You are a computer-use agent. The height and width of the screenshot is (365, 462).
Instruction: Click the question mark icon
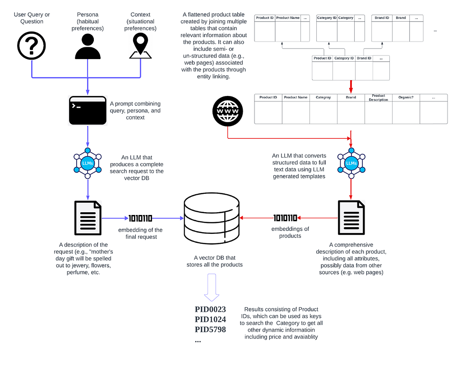(32, 46)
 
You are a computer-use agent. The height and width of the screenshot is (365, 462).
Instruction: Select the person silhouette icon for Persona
(88, 46)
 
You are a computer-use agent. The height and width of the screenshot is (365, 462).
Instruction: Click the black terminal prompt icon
(88, 111)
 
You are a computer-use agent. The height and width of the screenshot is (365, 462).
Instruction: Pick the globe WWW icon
(228, 111)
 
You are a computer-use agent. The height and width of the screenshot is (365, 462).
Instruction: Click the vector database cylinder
(212, 219)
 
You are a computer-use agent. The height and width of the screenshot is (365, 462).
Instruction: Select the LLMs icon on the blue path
(88, 164)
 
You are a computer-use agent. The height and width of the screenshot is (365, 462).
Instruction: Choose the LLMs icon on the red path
(351, 164)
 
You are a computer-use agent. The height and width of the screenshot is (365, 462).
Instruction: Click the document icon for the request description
(88, 218)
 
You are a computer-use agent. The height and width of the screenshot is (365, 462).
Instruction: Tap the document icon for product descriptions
(351, 218)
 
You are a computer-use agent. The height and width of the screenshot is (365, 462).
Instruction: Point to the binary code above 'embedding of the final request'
(141, 218)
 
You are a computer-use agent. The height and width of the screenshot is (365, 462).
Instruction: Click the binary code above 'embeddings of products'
(285, 218)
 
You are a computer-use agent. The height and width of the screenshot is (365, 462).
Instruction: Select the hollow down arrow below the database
(212, 287)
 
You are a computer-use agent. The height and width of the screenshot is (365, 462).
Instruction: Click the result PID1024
(210, 319)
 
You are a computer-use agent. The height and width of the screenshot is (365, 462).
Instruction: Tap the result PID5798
(210, 329)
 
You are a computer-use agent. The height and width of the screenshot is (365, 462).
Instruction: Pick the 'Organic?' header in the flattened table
(406, 97)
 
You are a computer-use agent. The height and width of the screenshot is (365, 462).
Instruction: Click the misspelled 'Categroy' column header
(323, 97)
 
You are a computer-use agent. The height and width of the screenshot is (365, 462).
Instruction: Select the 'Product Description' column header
(379, 98)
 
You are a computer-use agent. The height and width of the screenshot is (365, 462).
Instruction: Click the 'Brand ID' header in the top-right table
(382, 18)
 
